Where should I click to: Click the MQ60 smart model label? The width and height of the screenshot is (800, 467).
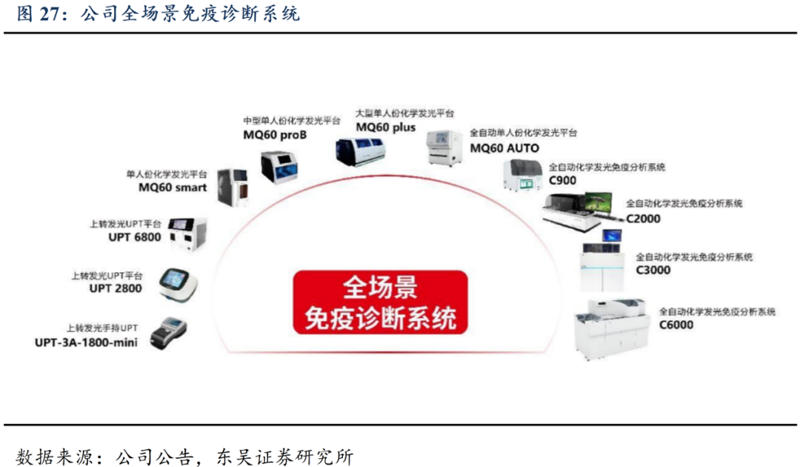tap(173, 188)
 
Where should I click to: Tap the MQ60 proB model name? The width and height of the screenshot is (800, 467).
tap(275, 135)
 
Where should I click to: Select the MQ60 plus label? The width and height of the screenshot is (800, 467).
tap(386, 127)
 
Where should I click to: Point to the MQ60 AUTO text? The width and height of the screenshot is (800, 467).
tap(504, 148)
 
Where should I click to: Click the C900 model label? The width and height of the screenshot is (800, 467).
tap(562, 180)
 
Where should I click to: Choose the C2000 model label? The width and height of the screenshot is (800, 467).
tap(643, 219)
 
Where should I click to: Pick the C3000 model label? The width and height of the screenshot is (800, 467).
tap(653, 270)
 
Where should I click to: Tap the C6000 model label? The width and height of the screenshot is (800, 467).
tap(676, 325)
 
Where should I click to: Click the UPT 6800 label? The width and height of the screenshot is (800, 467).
tap(134, 236)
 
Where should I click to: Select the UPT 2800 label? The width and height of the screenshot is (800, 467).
tap(116, 288)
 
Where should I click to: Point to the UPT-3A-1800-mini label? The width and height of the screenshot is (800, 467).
tap(86, 342)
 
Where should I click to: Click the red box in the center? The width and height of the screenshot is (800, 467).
tap(380, 302)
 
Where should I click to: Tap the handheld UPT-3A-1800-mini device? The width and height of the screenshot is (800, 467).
tap(168, 334)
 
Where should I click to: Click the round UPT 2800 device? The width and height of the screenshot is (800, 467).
tap(178, 285)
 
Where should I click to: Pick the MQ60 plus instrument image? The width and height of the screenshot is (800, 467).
tap(360, 150)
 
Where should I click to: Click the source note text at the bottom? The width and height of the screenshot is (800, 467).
tap(184, 456)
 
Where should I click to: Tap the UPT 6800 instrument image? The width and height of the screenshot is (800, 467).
tap(187, 233)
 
